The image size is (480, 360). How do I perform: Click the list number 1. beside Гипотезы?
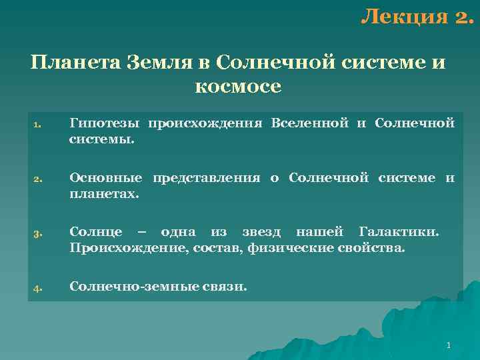(37, 125)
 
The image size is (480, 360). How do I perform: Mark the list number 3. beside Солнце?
(37, 234)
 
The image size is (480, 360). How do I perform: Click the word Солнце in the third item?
(95, 232)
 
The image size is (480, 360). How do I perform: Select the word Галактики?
(399, 232)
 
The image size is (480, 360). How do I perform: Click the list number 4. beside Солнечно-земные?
(37, 289)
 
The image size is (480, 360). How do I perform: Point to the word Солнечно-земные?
(125, 287)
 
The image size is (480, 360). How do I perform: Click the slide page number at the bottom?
(449, 345)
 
